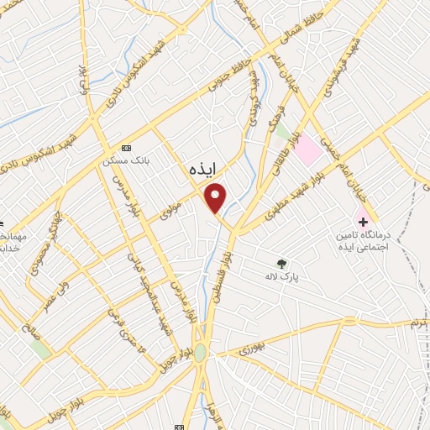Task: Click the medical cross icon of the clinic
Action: [x=363, y=223]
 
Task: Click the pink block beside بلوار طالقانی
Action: [x=308, y=150]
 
